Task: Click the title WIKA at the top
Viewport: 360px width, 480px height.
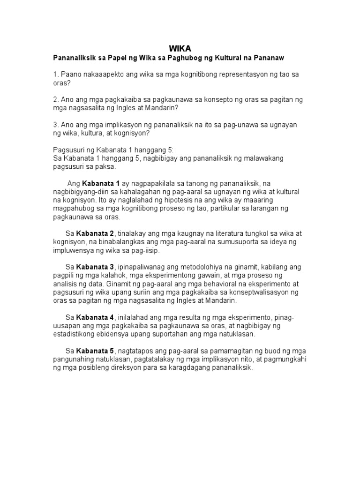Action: pos(180,48)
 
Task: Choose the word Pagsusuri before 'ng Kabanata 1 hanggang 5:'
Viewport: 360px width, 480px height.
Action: pos(68,150)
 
